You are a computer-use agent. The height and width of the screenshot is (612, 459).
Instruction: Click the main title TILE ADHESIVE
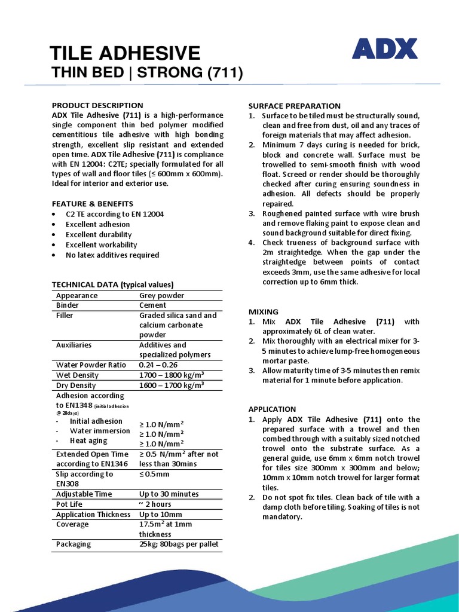coord(126,53)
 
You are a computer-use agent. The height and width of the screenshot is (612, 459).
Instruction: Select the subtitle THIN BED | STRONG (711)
coord(148,73)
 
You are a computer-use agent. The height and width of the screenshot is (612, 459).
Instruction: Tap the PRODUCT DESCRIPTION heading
coord(97,105)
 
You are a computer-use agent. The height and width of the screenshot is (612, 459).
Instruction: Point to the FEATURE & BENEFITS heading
coord(93,204)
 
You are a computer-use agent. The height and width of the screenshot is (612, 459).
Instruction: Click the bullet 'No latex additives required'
coord(112,255)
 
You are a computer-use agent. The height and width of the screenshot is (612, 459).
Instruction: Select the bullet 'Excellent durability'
coord(99,235)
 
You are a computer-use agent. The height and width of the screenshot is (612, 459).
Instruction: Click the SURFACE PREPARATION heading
coord(295,106)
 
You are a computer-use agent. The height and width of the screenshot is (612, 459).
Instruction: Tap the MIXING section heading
coord(264,312)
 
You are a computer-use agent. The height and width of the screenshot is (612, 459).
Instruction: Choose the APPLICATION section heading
coord(273,409)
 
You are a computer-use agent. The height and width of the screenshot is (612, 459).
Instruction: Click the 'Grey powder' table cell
coord(161,295)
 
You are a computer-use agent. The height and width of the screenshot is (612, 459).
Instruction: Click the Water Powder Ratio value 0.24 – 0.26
coord(158,365)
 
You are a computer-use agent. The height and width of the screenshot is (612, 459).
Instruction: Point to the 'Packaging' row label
coord(74,544)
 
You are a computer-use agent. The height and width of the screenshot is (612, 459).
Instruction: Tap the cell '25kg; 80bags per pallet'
coord(179,544)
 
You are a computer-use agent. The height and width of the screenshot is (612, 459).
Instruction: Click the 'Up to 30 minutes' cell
coord(169,494)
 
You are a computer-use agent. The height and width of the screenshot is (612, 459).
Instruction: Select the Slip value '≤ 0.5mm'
coord(154,474)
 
